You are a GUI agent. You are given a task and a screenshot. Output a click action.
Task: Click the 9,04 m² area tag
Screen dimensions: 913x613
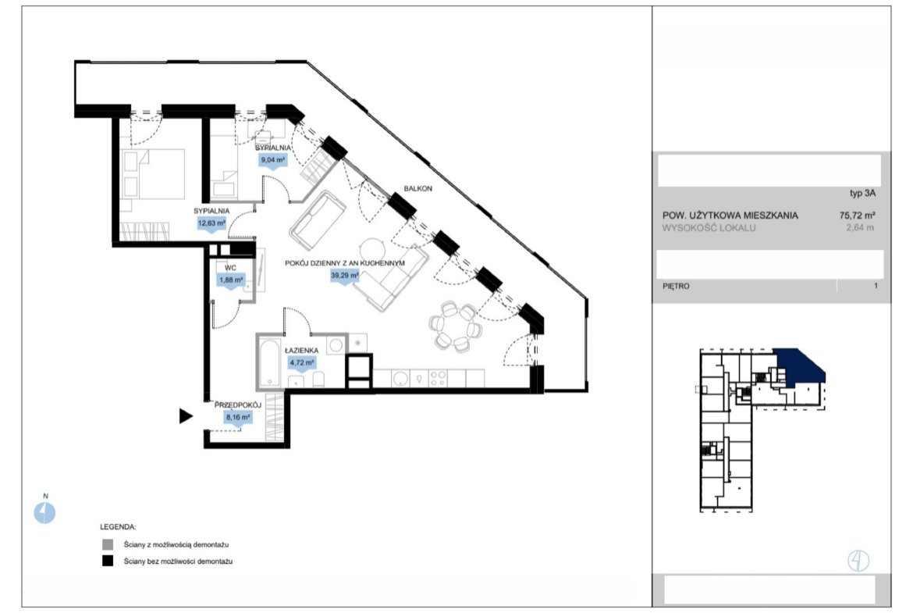pos(273,160)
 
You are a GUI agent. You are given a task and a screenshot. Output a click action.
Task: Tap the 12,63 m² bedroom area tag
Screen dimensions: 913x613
pos(211,224)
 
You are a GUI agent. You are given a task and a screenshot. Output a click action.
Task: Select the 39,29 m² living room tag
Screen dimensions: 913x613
pos(345,276)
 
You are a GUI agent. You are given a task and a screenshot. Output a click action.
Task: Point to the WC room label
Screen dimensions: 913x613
pos(230,268)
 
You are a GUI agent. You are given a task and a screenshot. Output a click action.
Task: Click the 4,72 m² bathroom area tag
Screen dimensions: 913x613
pos(302,363)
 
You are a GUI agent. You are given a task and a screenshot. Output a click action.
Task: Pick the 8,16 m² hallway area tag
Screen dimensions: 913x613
pos(238,418)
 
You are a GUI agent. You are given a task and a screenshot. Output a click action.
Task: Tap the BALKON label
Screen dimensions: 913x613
pos(418,189)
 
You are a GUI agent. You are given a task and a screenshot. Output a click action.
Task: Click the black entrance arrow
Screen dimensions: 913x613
pos(186,416)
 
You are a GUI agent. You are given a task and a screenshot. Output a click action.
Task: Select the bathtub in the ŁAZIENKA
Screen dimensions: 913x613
pos(269,362)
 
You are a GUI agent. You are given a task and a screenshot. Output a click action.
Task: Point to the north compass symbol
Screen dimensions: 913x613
pos(44,513)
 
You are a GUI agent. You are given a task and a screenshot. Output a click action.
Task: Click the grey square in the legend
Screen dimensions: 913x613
pos(108,545)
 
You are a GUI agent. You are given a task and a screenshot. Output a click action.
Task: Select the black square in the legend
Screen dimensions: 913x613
pos(108,561)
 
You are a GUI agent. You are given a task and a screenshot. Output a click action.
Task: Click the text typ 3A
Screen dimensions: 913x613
pos(863,194)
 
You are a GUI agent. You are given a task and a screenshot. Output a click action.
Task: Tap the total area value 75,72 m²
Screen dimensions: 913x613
pos(858,215)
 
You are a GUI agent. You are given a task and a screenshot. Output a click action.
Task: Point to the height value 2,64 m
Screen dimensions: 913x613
pos(860,228)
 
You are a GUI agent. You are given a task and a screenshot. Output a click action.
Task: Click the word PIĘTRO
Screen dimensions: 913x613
pos(676,286)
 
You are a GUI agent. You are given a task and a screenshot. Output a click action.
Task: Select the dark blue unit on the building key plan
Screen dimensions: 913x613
pos(799,367)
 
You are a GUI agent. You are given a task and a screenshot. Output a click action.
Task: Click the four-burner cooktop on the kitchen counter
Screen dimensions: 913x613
pos(438,378)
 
